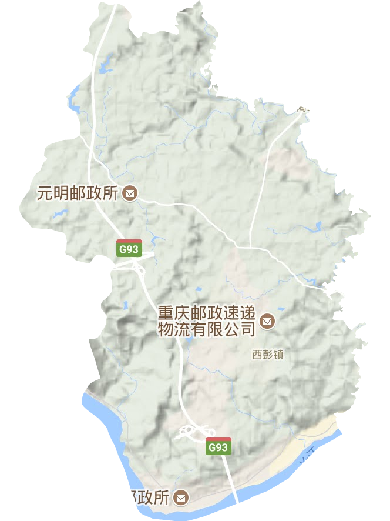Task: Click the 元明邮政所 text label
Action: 78,193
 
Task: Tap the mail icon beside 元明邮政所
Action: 130,193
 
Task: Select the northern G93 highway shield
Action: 129,248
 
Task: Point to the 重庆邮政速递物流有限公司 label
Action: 207,320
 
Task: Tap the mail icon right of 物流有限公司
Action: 268,321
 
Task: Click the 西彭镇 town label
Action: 267,355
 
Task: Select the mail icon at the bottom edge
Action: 183,497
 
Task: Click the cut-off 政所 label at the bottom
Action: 150,498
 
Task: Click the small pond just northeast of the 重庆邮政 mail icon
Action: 281,309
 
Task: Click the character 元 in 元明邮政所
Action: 42,193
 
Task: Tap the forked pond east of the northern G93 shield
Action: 157,239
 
